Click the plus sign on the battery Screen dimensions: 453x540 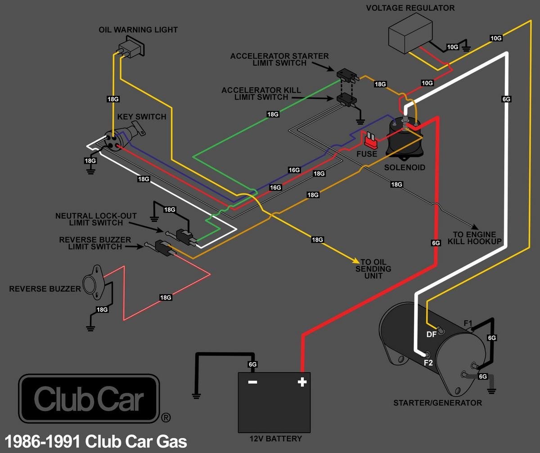(x=302, y=382)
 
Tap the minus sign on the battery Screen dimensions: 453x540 (x=252, y=382)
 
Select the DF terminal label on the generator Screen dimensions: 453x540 (x=431, y=334)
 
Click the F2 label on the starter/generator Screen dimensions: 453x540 (x=427, y=362)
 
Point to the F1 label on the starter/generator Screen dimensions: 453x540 (x=468, y=323)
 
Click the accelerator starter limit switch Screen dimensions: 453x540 (x=346, y=75)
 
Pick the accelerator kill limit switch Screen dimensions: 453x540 (x=346, y=100)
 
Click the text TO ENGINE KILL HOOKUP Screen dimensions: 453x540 (x=474, y=238)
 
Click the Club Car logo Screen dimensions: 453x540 (x=89, y=399)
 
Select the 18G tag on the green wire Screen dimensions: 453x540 (x=273, y=114)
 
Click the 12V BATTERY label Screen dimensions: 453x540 (x=275, y=439)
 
